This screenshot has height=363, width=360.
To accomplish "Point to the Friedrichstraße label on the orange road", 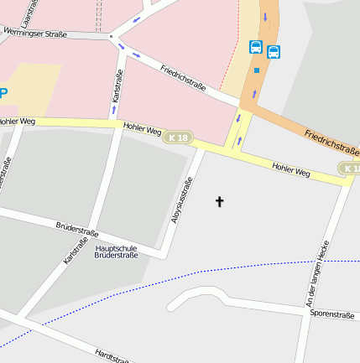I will (331, 140).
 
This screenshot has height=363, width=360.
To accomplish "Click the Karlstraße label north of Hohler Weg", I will (117, 93).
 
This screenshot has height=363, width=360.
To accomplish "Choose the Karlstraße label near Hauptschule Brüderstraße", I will (76, 252).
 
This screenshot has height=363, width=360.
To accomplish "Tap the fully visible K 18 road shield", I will (177, 137).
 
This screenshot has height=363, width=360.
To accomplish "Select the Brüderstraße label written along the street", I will (76, 228).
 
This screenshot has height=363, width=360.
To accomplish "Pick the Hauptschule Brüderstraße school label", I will (116, 252).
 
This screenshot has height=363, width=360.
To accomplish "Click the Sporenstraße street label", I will (332, 314).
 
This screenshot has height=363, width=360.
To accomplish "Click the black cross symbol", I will (220, 201).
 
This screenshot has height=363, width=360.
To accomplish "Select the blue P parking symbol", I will (3, 93).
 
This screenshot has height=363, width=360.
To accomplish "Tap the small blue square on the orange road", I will (256, 70).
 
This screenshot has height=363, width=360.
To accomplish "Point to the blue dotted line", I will (210, 272).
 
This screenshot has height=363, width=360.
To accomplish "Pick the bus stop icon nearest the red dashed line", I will (255, 47).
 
